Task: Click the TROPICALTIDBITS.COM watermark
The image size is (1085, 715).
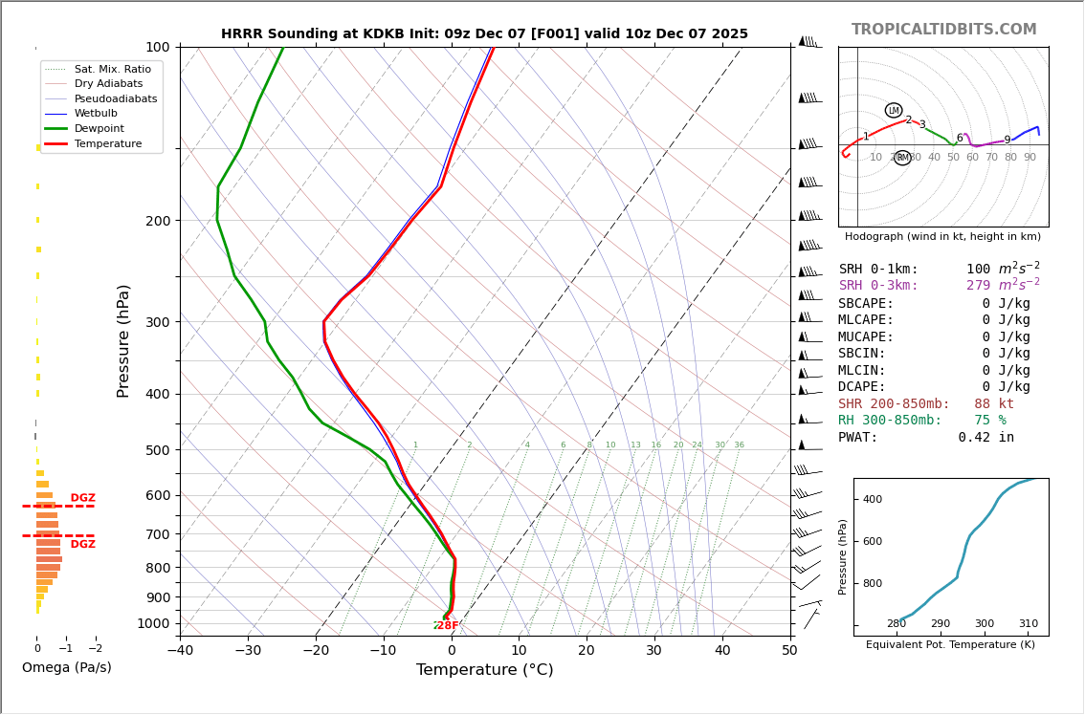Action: [943, 30]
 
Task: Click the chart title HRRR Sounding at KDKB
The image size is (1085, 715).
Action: [484, 34]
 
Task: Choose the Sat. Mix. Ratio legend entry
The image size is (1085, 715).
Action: [112, 69]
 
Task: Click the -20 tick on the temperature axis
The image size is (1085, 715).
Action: [316, 651]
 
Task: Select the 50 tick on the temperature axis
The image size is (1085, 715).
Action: [789, 651]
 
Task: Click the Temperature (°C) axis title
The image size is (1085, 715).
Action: [484, 670]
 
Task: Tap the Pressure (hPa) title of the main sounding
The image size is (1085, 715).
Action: [123, 340]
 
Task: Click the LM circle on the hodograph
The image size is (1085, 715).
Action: [894, 111]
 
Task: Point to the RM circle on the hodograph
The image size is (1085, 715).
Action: [902, 158]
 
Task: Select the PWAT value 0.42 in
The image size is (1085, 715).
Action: [985, 438]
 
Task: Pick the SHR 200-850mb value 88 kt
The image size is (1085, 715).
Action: [993, 404]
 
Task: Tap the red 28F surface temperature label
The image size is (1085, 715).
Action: [448, 626]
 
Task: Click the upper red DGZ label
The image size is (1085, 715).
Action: [82, 498]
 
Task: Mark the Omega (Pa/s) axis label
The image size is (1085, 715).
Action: [66, 668]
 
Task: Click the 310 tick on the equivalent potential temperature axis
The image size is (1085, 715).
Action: [1028, 624]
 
